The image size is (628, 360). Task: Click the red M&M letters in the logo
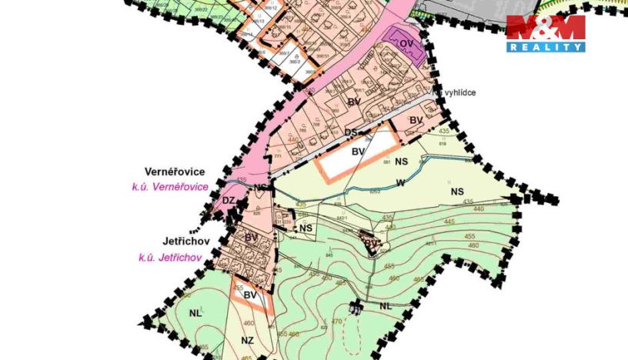point(546,28)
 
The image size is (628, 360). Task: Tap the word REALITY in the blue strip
point(546,47)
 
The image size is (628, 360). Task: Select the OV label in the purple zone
point(406,44)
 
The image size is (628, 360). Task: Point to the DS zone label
point(351,132)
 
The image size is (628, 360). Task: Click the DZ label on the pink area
point(229,201)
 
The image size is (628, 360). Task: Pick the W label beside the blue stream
point(399,182)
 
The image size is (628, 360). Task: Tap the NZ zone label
point(247,340)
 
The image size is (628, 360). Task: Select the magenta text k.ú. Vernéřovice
point(170,187)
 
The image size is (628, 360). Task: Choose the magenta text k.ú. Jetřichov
point(170,258)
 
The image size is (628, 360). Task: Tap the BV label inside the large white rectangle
point(358,152)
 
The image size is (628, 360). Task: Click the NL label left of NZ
point(194,314)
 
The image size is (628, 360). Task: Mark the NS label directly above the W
point(401,162)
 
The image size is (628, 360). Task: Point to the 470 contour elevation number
point(336,322)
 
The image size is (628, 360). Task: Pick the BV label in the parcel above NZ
point(249,295)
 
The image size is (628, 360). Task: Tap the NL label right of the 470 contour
point(385,306)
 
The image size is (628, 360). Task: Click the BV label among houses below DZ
point(251,238)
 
